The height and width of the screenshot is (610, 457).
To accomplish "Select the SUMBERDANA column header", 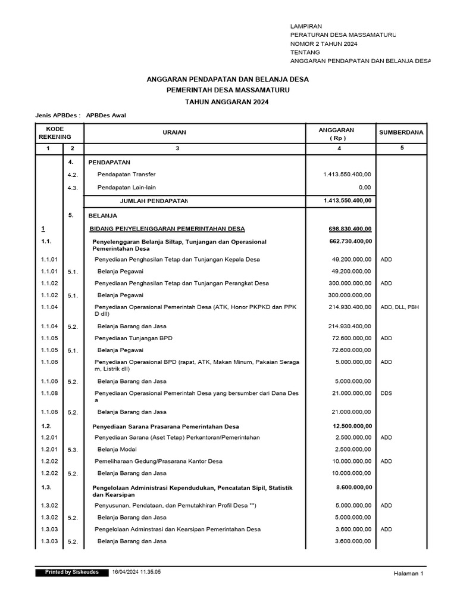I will click(x=401, y=133).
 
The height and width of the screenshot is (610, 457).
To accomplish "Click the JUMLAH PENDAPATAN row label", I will click(x=154, y=201).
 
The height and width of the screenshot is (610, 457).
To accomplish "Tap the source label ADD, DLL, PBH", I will click(x=399, y=307).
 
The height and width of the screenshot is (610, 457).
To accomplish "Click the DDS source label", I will click(x=387, y=393).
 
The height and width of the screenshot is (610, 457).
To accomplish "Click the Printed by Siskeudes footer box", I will click(x=72, y=572).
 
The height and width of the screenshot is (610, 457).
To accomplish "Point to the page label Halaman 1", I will click(x=408, y=573).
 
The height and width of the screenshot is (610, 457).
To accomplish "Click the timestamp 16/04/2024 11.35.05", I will click(x=136, y=572).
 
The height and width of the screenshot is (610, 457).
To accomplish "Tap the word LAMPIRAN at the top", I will click(x=306, y=27).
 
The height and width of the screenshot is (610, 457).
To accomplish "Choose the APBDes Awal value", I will click(x=106, y=116).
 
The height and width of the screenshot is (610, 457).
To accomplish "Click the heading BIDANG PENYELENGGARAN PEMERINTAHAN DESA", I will click(x=167, y=229).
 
